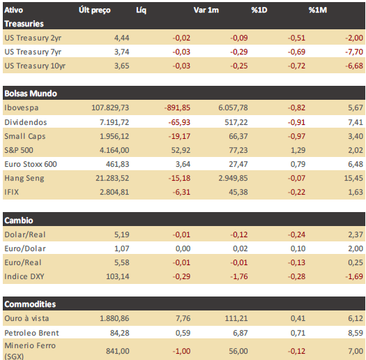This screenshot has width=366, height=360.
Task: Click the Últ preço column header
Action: coord(95,10)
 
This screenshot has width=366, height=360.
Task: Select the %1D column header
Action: coord(259,10)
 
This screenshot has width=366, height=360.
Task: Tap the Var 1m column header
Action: coord(206,10)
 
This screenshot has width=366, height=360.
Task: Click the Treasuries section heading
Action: coord(24,24)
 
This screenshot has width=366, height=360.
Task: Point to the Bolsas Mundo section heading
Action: coord(31,93)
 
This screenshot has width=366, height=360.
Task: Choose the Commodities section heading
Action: coord(30,304)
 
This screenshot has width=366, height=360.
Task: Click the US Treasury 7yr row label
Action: coord(33,52)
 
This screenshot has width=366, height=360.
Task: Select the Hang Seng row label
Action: coord(24,178)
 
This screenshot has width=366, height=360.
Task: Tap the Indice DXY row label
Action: coord(24,276)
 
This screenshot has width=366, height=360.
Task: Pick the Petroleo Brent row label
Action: coord(32,333)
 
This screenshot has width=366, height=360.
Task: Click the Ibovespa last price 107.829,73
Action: coord(110,107)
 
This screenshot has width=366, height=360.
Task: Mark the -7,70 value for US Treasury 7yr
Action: coord(354,52)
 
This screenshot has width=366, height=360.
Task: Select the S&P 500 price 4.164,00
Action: coord(114,150)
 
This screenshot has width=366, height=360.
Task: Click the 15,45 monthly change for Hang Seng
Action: coord(353,178)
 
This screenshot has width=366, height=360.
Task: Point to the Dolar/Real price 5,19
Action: coord(121,234)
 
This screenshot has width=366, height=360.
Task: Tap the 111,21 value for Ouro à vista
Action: coord(236,318)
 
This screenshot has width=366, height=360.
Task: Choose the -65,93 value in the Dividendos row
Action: coord(179,122)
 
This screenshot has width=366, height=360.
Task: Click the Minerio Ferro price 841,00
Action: coord(118,351)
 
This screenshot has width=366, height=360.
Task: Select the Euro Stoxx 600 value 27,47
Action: coord(238,164)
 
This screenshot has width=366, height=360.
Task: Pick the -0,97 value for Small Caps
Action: coord(296,136)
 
